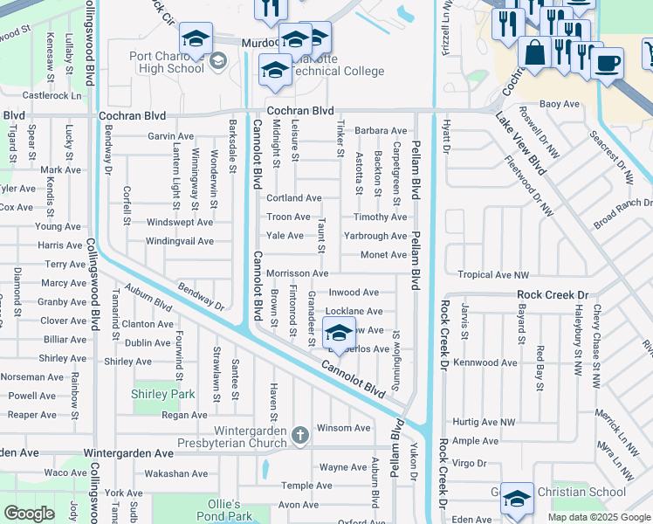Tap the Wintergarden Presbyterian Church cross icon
tap(299, 434)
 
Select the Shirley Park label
tap(162, 394)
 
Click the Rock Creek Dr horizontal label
tap(553, 295)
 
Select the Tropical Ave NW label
tap(493, 274)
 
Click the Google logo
tap(29, 514)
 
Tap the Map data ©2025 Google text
tap(599, 517)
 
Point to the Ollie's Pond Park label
tap(224, 511)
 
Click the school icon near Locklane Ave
tap(339, 333)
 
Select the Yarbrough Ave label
tap(375, 236)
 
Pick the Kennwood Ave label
tap(486, 362)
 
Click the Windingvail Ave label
tap(179, 241)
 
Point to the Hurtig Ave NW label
tap(485, 422)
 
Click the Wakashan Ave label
tap(175, 473)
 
